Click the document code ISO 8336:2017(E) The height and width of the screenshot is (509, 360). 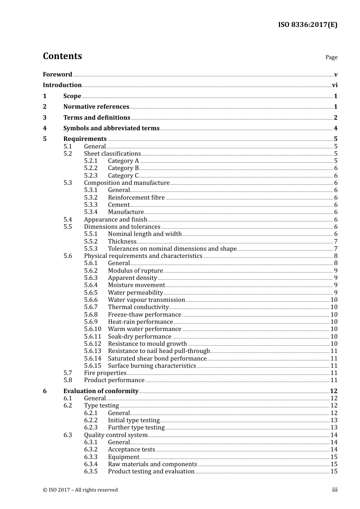click(x=307, y=25)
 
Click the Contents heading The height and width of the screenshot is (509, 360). click(x=62, y=56)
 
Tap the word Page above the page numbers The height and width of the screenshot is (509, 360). click(x=331, y=57)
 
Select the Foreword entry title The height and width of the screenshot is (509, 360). click(x=57, y=75)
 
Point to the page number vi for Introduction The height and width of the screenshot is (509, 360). click(x=335, y=85)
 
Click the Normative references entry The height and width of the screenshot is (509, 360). click(x=96, y=107)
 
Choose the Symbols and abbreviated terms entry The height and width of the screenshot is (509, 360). click(x=111, y=128)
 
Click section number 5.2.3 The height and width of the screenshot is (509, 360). click(x=91, y=176)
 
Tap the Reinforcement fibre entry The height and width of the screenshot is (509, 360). click(x=136, y=198)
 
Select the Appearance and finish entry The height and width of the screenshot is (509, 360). click(x=115, y=220)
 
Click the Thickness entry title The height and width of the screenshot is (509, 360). click(x=122, y=242)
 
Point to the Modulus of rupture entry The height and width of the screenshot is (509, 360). click(x=135, y=271)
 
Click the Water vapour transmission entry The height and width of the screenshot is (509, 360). click(x=146, y=300)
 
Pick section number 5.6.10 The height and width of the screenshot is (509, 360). click(x=92, y=329)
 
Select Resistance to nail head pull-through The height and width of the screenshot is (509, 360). click(x=158, y=351)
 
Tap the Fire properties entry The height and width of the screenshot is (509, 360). click(x=105, y=373)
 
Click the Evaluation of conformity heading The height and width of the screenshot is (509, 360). click(x=100, y=391)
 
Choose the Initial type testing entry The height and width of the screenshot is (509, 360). click(x=134, y=420)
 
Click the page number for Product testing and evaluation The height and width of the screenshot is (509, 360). click(x=334, y=472)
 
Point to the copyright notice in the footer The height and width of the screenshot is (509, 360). click(x=80, y=490)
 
